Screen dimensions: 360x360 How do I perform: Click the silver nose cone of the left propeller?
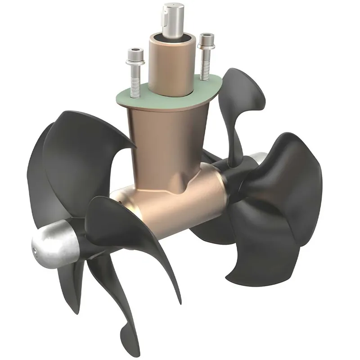click(x=54, y=243)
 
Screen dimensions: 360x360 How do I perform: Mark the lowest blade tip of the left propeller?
click(x=126, y=335)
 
